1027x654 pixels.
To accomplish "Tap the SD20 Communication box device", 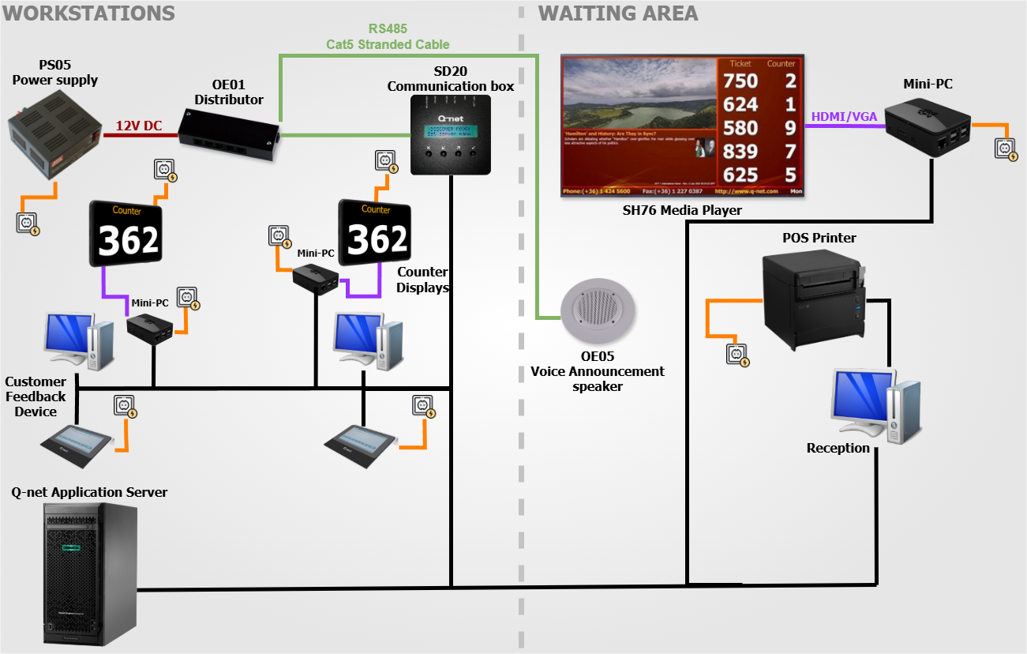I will click(451, 135).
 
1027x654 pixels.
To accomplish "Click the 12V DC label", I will click(139, 125).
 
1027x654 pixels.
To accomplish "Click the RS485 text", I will click(388, 29).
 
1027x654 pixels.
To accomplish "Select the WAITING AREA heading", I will click(617, 13).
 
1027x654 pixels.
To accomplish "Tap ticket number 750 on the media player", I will click(740, 81).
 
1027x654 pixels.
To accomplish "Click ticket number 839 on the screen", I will click(740, 152).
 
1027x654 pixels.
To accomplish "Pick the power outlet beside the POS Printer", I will click(737, 355).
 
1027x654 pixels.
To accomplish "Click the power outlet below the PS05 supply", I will click(28, 223).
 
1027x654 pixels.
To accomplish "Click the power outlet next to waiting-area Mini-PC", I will click(1006, 149).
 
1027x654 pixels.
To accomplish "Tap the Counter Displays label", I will click(422, 280).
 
